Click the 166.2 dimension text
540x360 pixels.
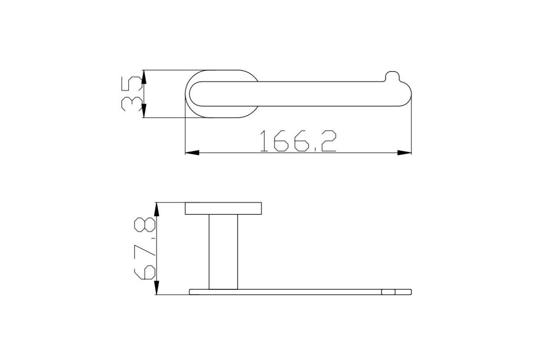298,141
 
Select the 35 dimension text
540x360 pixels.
131,94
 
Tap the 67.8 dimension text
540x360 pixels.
144,248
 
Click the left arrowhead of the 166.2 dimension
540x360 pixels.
192,153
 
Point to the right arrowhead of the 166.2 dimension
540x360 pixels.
404,153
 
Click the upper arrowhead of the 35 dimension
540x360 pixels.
144,77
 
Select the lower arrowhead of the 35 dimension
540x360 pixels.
144,111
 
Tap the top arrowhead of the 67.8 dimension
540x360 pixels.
157,210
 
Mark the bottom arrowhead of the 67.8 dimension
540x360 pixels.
157,288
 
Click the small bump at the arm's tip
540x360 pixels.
392,76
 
